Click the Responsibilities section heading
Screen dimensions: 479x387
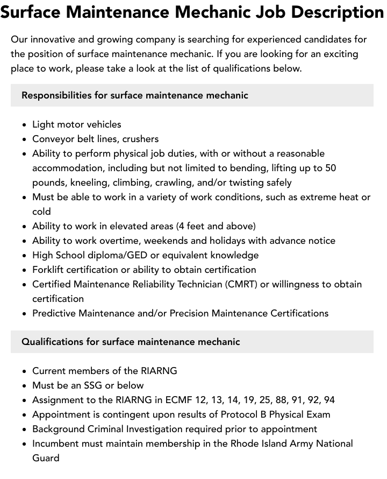coord(134,95)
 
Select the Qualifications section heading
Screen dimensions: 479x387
coord(131,342)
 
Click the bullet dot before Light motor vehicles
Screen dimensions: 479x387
coord(25,125)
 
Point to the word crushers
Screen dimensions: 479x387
coord(140,139)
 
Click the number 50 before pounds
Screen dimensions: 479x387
coord(331,168)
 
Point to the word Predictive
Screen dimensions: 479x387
coord(54,313)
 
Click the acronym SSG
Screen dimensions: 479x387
coord(93,385)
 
